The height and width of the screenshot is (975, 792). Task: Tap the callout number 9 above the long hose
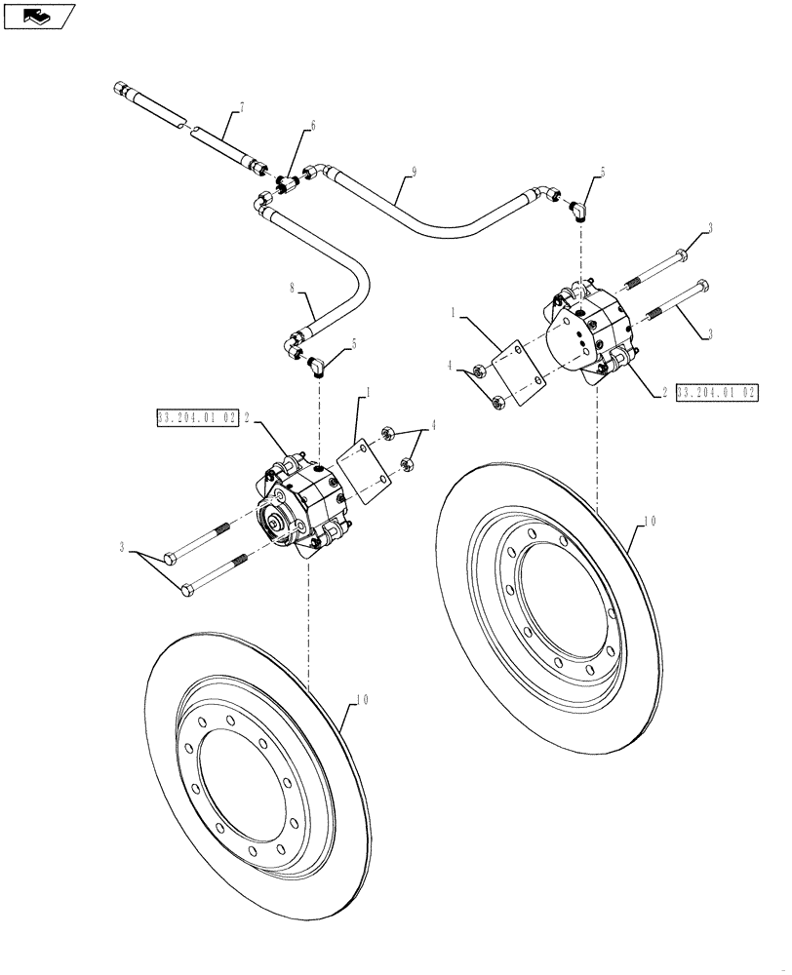tap(414, 173)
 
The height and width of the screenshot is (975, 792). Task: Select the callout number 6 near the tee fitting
tap(313, 126)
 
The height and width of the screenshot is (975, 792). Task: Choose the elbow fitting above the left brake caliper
tap(317, 365)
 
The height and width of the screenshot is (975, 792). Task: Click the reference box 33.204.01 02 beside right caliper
tap(716, 392)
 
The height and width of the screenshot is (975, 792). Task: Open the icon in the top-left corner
tap(38, 15)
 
